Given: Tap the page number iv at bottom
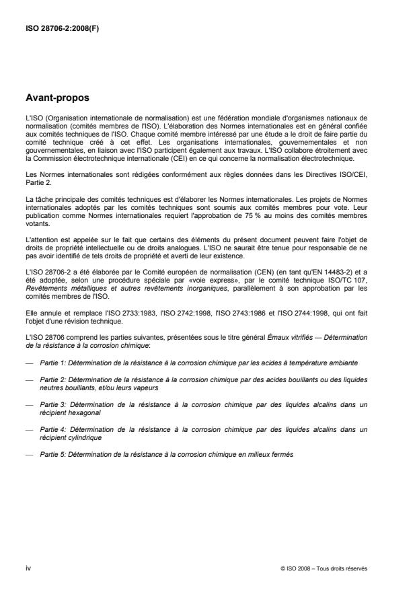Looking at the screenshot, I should (28, 568).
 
